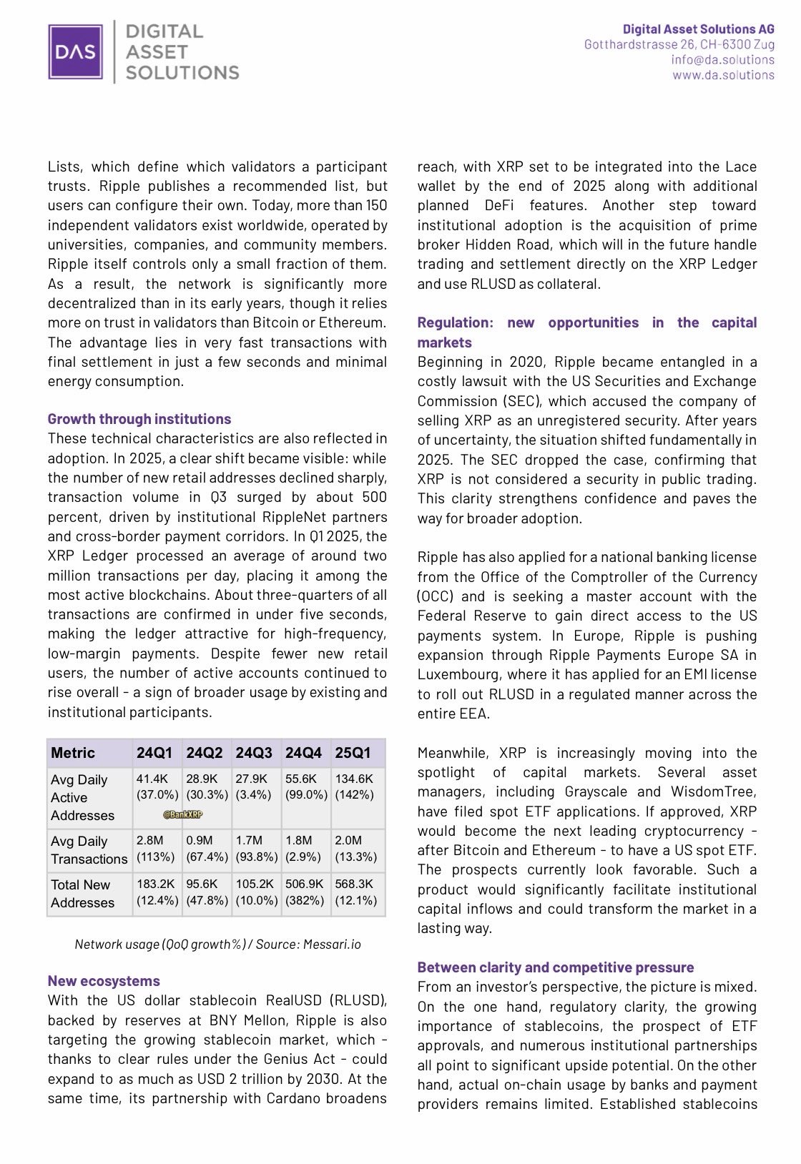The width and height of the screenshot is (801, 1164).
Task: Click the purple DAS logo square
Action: (x=76, y=51)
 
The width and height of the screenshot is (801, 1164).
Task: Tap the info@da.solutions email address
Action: (x=722, y=59)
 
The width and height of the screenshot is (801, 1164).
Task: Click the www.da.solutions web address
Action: (x=723, y=74)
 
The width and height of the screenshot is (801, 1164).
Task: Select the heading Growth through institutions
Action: (x=139, y=419)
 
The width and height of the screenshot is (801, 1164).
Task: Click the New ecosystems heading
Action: (x=104, y=981)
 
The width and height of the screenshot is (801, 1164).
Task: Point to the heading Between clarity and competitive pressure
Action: (x=556, y=967)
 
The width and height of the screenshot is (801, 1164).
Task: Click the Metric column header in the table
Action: (x=73, y=753)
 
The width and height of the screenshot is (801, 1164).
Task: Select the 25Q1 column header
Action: (x=353, y=753)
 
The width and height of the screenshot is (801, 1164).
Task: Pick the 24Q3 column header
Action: (x=254, y=753)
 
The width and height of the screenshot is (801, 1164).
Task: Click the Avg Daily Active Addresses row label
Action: (x=82, y=797)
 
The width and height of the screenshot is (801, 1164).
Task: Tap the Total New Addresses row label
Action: (x=82, y=894)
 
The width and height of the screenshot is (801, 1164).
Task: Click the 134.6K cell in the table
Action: (x=354, y=779)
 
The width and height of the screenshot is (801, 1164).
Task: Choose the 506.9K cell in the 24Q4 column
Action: (x=305, y=884)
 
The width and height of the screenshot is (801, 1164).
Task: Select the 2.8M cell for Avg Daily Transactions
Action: (x=150, y=841)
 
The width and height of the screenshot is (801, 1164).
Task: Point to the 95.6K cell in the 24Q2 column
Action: (x=202, y=884)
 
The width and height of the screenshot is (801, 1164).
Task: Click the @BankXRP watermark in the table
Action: (x=182, y=814)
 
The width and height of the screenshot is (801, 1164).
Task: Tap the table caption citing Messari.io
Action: (x=217, y=944)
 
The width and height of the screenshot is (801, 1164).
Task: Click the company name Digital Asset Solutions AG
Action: (x=698, y=29)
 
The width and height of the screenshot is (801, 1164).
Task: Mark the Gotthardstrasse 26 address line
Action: (x=679, y=44)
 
